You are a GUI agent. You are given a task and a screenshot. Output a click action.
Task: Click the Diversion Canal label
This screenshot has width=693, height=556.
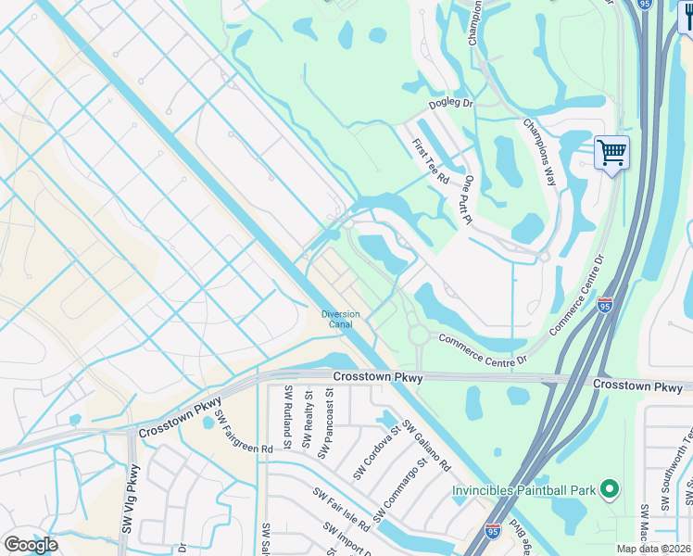[x=340, y=320]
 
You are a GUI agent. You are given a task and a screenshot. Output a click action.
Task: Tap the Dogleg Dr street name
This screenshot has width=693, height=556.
[x=450, y=106]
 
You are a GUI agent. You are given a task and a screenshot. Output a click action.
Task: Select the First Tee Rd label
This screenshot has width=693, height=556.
[x=431, y=159]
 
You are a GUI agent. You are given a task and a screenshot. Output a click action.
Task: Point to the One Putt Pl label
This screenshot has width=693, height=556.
[x=469, y=199]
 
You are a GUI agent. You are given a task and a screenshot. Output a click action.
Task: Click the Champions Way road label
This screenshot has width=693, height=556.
[x=539, y=152]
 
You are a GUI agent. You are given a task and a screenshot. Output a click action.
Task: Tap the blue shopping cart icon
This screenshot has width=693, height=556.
[x=611, y=152]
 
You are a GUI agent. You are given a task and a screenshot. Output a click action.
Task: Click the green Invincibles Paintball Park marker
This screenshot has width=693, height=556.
[x=609, y=488]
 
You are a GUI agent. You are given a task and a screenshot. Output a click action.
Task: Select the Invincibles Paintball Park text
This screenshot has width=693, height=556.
[x=524, y=490]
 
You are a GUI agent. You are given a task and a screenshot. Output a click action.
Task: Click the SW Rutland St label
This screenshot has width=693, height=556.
[x=288, y=418]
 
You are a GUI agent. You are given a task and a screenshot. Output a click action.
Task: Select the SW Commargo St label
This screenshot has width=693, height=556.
[x=399, y=488]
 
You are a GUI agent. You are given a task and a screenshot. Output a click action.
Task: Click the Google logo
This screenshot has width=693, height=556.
[x=30, y=545]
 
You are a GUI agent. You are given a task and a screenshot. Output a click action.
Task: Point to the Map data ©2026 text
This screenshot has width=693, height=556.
[x=653, y=549]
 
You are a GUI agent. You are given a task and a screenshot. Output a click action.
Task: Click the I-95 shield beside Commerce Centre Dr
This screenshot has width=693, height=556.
[x=604, y=304]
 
